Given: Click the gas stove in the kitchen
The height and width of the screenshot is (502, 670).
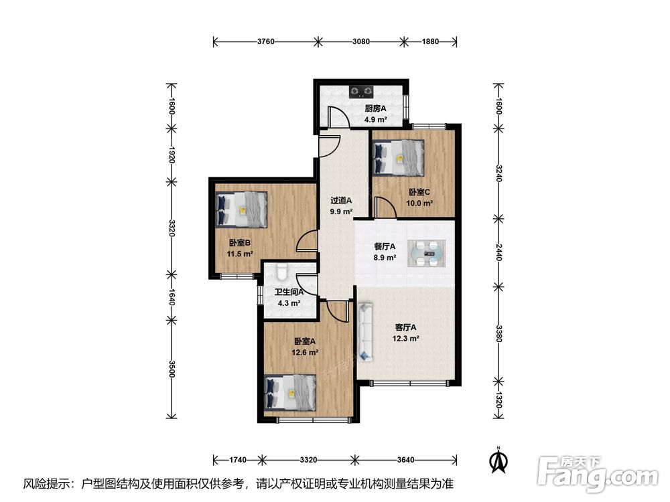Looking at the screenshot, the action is pos(361,91).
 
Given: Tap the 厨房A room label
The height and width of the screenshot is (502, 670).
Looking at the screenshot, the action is pos(375,108).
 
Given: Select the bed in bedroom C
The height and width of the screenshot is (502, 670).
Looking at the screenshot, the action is pos(398,158).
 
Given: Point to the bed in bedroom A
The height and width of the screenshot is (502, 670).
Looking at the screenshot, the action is pos(290,393).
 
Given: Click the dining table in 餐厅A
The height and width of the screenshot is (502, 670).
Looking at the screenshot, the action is pos(426,254).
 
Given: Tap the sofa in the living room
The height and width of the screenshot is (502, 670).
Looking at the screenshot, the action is pos(365,332).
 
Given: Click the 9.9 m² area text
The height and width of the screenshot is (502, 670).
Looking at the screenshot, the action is pos(341,212).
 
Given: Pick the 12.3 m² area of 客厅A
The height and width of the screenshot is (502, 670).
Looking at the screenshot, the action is pos(405,339).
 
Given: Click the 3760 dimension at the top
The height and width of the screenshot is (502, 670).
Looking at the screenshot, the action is pos(266,41).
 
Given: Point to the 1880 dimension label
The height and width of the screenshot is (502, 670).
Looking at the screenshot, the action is pos(430,41).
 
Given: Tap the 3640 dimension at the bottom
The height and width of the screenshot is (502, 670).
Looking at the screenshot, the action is pos(405,460).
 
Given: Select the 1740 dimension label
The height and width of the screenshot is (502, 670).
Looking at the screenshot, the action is pos(238,460).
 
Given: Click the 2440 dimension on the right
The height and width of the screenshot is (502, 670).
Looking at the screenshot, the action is pos(498,252).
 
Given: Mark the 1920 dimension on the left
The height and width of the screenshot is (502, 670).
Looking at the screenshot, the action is pos(172,155).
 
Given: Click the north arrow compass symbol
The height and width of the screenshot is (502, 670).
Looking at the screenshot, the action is pos(498,460).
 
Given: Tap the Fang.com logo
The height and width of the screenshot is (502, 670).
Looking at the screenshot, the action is pos(598,474).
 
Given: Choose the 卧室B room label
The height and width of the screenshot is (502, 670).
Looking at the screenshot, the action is pos(240,243).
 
